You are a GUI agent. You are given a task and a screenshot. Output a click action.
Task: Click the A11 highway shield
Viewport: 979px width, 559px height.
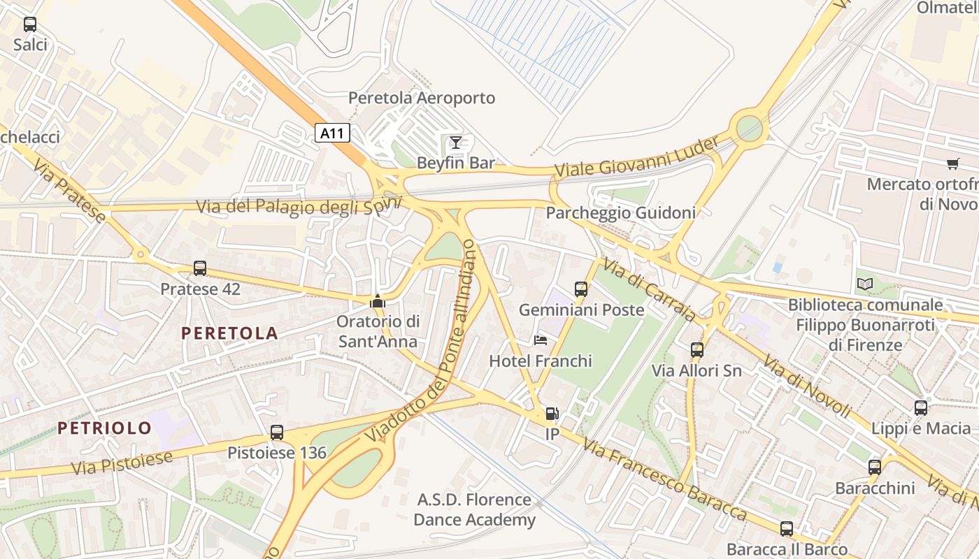pos(331,133)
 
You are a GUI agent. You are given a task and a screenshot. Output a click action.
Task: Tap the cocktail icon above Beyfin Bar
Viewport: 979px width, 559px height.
pos(455,143)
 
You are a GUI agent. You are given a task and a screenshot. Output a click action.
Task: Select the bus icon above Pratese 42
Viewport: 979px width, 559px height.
pos(200,268)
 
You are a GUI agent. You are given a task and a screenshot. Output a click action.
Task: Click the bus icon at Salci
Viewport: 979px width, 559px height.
pos(30,24)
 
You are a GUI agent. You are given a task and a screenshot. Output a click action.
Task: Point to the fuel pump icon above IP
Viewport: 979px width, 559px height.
pos(552,414)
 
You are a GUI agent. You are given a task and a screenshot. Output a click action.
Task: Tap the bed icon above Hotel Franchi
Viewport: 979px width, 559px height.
pos(541,340)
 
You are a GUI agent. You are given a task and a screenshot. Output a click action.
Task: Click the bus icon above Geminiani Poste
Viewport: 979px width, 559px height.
pos(580,289)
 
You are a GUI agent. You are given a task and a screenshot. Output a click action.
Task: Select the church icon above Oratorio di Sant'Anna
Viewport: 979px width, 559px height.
pos(378,301)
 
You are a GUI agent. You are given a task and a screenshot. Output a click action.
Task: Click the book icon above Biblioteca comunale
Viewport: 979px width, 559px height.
pos(865,284)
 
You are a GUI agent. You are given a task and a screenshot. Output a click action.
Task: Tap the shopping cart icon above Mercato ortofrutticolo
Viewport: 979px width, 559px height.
pos(952,164)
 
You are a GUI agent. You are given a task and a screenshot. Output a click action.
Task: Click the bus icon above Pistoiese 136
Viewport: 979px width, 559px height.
pos(277,433)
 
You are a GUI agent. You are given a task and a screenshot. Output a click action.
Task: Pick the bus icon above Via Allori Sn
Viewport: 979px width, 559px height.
pos(696,350)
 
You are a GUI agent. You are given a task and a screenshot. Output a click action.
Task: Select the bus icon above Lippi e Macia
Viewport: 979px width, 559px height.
pos(921,408)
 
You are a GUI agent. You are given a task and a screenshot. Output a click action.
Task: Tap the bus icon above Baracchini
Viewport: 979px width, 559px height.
pos(874,467)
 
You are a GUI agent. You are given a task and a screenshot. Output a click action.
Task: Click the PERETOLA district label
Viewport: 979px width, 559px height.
pos(229,333)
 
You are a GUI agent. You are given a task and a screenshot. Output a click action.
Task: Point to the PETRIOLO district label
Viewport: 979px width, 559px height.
pos(104,428)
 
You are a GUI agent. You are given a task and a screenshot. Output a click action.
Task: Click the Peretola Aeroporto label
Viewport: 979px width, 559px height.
pos(422,98)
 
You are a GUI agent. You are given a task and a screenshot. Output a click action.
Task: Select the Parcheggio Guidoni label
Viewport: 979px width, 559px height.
pos(620,213)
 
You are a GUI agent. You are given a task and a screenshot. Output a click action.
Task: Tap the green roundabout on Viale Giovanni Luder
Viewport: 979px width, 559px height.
pos(749,128)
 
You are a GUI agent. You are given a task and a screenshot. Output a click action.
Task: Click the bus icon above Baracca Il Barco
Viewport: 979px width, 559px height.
pos(787,529)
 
